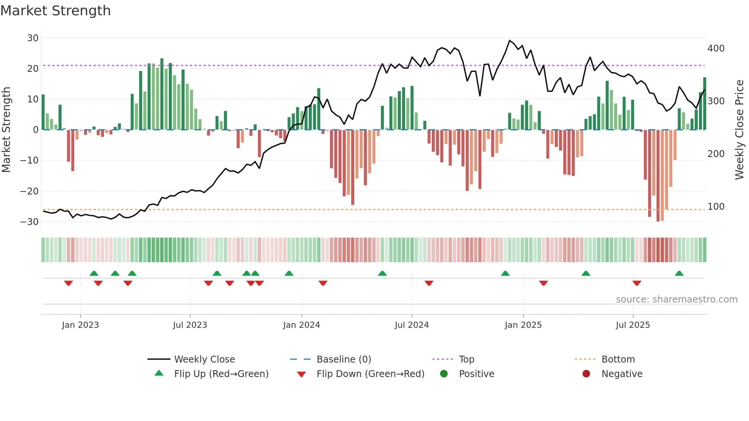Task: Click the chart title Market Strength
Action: coord(55,11)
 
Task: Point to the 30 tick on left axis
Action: coord(33,38)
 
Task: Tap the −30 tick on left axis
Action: coord(29,222)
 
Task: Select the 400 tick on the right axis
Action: coord(716,49)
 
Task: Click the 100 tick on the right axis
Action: coord(716,207)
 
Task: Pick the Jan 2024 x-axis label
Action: coord(301,325)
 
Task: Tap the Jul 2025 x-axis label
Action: coord(632,325)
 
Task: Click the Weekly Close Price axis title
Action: coord(739,130)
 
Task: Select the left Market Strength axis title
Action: coord(6,130)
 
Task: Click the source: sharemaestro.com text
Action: coord(676,300)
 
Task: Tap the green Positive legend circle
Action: coord(444,374)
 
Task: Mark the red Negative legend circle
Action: coord(586,374)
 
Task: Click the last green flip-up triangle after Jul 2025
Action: coord(679,273)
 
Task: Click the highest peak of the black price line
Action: coord(509,40)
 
